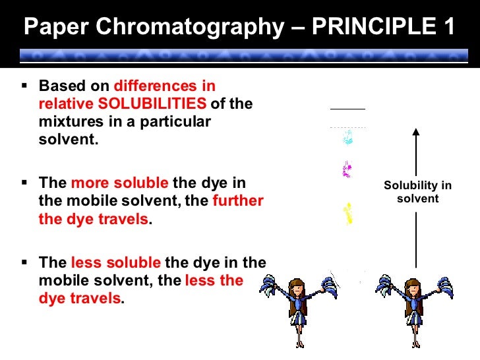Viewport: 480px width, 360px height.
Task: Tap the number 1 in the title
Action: coord(448,27)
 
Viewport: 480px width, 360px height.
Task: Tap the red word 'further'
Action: coord(237,201)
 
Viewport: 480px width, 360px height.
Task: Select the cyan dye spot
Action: coord(347,138)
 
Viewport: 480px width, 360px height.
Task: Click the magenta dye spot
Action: coord(347,171)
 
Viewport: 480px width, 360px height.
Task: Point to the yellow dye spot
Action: coord(347,214)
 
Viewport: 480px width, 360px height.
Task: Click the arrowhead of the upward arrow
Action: coord(416,132)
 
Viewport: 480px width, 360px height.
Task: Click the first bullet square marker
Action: coord(25,86)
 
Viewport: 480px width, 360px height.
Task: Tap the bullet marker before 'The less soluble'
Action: coord(25,262)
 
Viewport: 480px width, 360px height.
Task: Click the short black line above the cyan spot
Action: coord(347,108)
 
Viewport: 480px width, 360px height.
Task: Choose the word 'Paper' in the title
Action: coord(53,27)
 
